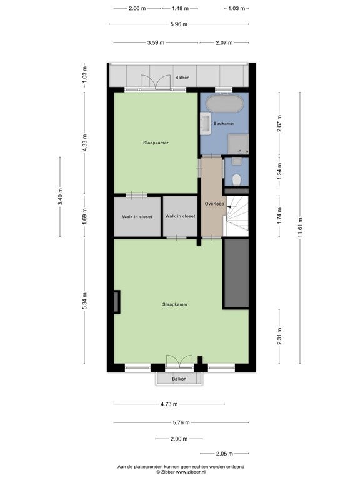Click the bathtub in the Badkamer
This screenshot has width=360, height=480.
(225, 104)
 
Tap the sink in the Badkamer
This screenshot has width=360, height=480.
(206, 123)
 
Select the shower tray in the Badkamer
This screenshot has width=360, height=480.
(238, 144)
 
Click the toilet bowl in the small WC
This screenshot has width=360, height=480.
(237, 180)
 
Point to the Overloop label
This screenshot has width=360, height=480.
(214, 204)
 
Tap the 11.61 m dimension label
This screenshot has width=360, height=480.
(300, 227)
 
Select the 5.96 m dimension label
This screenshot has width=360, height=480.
(179, 24)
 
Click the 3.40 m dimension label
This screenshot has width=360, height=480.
(60, 197)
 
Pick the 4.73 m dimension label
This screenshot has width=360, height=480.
(169, 404)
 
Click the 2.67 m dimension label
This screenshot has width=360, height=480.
(279, 123)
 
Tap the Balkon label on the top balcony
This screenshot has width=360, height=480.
(182, 77)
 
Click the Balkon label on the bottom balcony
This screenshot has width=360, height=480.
(179, 379)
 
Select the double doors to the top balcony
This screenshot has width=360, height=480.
(156, 82)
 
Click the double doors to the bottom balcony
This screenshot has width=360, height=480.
(179, 361)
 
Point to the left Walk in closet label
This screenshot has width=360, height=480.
(137, 217)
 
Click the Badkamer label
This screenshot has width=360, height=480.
(224, 123)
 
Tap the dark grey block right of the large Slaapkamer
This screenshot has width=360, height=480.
(236, 274)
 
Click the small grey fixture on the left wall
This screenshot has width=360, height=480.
(117, 301)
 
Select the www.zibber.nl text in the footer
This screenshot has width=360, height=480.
(191, 472)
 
